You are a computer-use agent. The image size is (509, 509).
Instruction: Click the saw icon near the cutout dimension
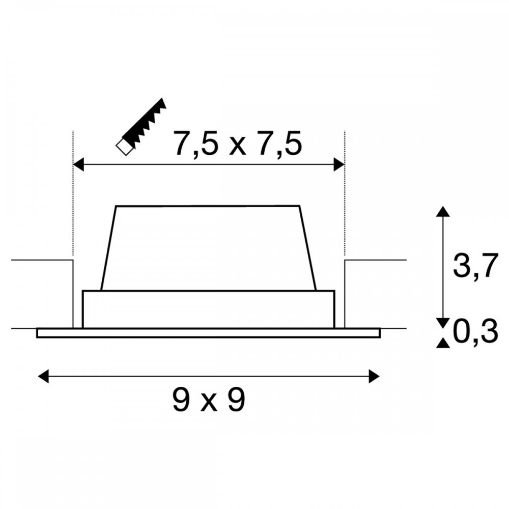(x=141, y=127)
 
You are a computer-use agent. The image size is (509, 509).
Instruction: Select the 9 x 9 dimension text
(x=208, y=400)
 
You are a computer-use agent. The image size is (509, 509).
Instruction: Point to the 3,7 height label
(x=475, y=266)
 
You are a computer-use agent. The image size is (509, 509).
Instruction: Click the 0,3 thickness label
(x=475, y=331)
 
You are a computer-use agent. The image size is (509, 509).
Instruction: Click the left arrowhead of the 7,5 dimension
(x=78, y=164)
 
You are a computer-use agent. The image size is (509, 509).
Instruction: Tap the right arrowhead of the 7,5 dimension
(x=339, y=164)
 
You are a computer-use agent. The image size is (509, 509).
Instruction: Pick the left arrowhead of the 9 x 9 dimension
(x=43, y=376)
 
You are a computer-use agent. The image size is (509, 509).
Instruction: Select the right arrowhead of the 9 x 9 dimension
(x=374, y=376)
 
